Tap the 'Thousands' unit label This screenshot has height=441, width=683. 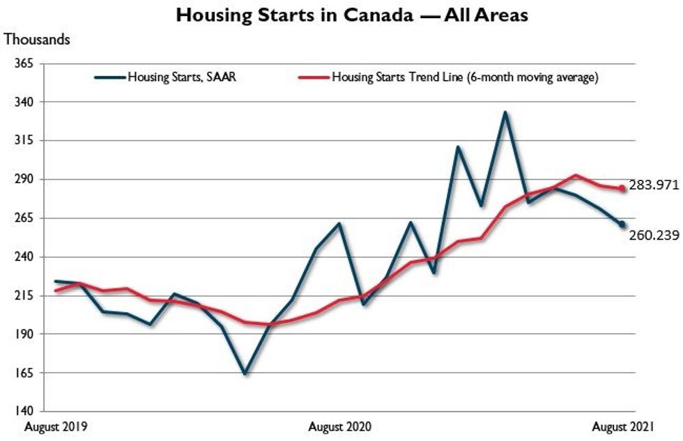click(x=38, y=40)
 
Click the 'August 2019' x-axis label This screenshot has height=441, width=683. click(x=56, y=425)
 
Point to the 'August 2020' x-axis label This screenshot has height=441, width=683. click(x=339, y=425)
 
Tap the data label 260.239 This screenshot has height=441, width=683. click(x=654, y=235)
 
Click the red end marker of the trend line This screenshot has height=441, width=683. click(x=622, y=188)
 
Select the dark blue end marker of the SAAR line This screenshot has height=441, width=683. click(x=622, y=224)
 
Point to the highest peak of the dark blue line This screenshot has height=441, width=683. click(x=505, y=112)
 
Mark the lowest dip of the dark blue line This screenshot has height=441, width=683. click(x=245, y=374)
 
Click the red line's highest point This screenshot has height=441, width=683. click(x=575, y=176)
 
